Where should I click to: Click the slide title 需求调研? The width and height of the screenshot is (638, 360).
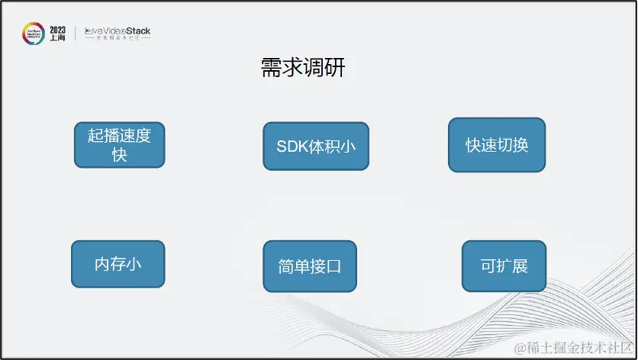tap(303, 69)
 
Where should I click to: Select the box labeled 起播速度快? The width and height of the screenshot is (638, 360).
tap(119, 145)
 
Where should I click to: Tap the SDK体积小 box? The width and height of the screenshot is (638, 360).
tap(316, 146)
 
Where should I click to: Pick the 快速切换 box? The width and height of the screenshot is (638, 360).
tap(497, 145)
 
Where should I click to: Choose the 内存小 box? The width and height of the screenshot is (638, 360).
tap(118, 264)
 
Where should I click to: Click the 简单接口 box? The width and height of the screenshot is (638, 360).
tap(310, 266)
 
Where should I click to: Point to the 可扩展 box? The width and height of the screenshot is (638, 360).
tap(504, 266)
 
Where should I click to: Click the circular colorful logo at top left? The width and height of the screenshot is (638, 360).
tap(33, 34)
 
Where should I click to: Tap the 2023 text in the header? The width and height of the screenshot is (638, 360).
tap(58, 30)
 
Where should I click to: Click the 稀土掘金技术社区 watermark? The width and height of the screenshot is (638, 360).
tap(574, 348)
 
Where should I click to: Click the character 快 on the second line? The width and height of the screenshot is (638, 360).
tap(119, 155)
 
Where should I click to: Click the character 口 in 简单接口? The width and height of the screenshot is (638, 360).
tap(333, 267)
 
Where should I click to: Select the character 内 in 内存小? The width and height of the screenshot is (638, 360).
tap(102, 265)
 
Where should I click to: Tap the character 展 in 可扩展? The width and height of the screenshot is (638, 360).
tap(520, 267)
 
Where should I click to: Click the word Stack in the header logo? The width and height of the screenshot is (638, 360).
tap(138, 31)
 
